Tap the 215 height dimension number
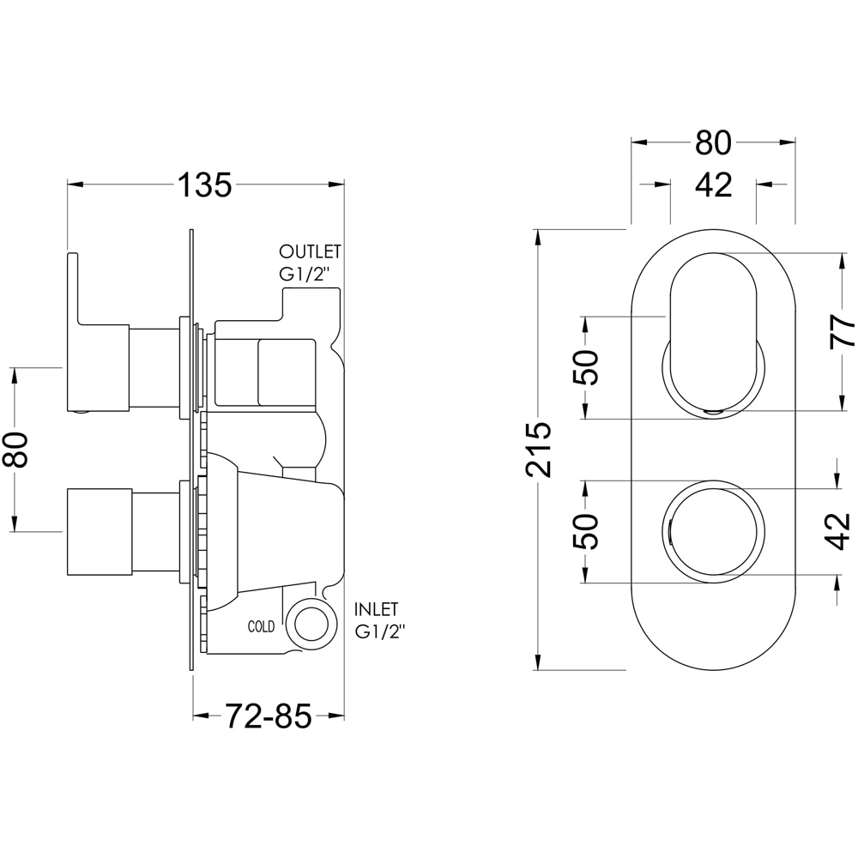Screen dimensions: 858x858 [x=538, y=449]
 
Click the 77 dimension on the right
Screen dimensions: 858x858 [x=842, y=330]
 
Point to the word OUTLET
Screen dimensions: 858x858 [x=310, y=252]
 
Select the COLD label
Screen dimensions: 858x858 [x=261, y=627]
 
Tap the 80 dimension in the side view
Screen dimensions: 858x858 [x=17, y=449]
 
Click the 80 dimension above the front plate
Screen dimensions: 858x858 [x=713, y=143]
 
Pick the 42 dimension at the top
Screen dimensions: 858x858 [x=713, y=184]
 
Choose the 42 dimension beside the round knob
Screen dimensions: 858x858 [x=842, y=530]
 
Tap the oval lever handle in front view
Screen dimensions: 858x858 [x=714, y=330]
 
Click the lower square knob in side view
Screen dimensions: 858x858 [x=99, y=531]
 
